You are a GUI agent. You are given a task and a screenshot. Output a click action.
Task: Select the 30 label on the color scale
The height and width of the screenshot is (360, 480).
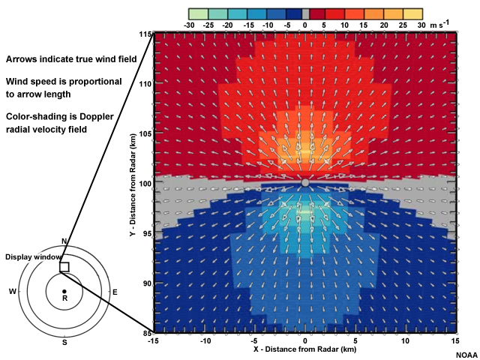(421, 25)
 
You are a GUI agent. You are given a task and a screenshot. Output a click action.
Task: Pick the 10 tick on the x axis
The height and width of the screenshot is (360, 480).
(405, 340)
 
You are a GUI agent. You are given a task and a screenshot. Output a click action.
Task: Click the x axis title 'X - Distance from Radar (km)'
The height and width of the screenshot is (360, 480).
(304, 350)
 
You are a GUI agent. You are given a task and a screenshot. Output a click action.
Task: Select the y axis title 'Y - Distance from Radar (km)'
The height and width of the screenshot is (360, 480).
(132, 184)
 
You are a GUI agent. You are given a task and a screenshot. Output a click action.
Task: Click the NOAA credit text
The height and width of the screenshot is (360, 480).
(466, 354)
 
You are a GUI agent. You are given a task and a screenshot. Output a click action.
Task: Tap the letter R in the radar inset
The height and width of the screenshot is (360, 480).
(64, 298)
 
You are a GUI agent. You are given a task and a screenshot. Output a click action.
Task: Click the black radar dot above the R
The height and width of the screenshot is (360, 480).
(64, 290)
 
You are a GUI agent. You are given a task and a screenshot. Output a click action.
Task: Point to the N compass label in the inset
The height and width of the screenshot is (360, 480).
(64, 241)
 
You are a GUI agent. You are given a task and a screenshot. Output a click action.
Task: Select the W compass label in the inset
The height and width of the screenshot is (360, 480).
(12, 291)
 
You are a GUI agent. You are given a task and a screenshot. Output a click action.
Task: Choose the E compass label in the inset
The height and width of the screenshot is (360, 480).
(115, 291)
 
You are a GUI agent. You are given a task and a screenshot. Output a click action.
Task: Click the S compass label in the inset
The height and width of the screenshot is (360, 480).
(64, 342)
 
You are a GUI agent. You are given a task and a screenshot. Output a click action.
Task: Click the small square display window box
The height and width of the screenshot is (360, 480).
(64, 267)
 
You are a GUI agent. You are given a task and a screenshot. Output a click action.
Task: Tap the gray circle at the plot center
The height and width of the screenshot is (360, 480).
(304, 182)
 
